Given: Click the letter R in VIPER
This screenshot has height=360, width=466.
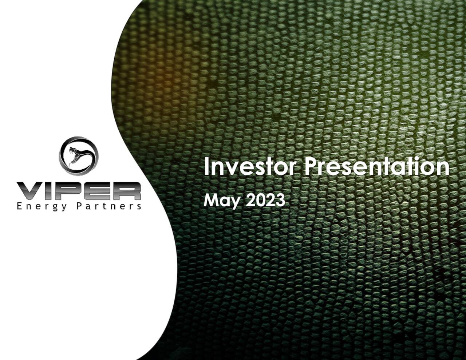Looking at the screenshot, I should (x=126, y=191).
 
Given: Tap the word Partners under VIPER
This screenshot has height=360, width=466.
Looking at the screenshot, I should (x=108, y=206).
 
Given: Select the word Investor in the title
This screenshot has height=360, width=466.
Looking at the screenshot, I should (x=250, y=167).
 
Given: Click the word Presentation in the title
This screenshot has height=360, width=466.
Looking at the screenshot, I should (x=376, y=167).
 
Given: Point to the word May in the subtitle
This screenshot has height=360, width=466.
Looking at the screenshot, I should (x=222, y=201).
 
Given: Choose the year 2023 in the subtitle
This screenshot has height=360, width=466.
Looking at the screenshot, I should (x=265, y=200).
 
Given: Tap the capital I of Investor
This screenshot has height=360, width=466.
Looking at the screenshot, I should (x=206, y=166).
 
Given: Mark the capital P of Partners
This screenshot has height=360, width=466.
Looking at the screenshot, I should (x=79, y=206).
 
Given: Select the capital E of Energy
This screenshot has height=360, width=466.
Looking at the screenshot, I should (x=19, y=206).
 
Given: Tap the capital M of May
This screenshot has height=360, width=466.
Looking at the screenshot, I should (x=210, y=200).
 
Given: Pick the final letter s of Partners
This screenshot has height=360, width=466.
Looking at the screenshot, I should (x=139, y=207).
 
